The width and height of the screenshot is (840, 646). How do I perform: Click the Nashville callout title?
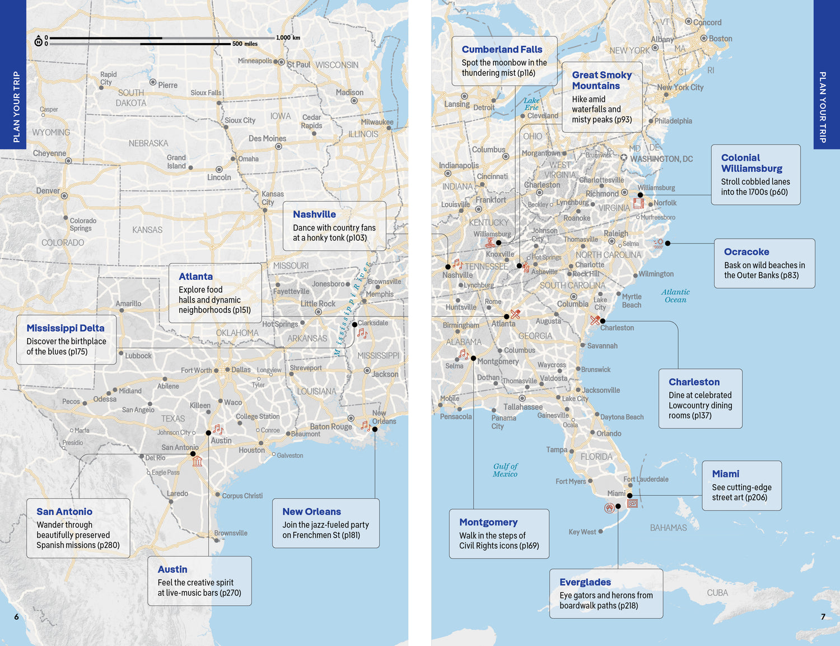tap(314, 214)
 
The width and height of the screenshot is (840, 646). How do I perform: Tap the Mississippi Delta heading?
tap(66, 328)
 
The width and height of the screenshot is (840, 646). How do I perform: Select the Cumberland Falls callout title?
tap(502, 49)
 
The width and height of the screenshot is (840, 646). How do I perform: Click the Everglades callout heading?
tap(585, 582)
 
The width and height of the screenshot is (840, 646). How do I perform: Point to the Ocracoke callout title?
tap(746, 252)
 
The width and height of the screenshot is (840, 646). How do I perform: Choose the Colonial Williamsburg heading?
tap(751, 163)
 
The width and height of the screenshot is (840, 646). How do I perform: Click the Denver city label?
tap(48, 191)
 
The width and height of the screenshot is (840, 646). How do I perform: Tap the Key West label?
tap(582, 532)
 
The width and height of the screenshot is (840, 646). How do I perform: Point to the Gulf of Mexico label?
tap(505, 470)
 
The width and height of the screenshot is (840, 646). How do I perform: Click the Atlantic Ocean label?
tap(675, 296)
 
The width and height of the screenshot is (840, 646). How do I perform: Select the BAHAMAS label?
tap(668, 528)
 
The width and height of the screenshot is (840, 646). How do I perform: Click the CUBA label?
tap(717, 593)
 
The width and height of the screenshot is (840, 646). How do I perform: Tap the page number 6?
tap(16, 617)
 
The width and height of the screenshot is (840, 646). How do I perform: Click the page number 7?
tap(823, 617)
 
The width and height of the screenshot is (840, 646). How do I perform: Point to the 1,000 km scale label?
tap(288, 38)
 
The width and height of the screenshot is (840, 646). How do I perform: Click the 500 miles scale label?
tap(245, 44)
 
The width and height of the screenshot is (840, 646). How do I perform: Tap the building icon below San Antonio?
tap(197, 462)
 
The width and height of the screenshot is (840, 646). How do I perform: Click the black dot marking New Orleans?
tap(375, 429)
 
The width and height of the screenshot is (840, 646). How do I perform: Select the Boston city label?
tap(720, 39)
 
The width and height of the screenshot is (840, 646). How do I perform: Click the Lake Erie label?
tap(531, 104)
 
